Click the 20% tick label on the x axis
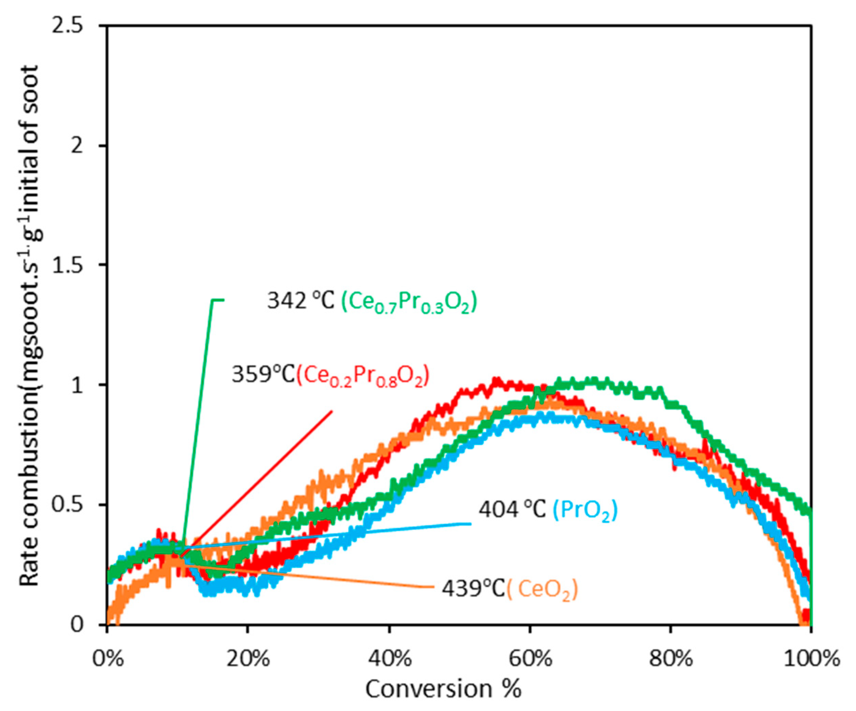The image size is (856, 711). pos(248,659)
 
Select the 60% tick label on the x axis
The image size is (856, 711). pos(530,659)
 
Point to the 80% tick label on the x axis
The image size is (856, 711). pos(671,659)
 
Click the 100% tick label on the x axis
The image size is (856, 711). pos(811,659)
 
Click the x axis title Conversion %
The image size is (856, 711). pos(443,690)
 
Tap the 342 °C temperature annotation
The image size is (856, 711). pos(300,301)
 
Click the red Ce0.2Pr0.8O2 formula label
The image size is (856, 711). pos(363,376)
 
